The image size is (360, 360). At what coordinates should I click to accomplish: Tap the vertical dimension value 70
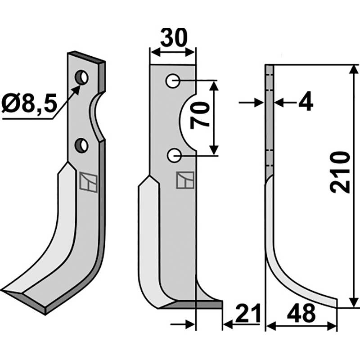[199, 115]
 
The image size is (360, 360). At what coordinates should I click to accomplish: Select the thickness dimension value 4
[305, 103]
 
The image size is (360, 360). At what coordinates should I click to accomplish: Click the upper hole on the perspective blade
[82, 76]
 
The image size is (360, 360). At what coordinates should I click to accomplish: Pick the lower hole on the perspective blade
[81, 145]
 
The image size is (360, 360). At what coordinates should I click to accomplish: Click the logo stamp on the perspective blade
[88, 182]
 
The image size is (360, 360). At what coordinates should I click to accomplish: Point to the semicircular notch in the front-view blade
[188, 118]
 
